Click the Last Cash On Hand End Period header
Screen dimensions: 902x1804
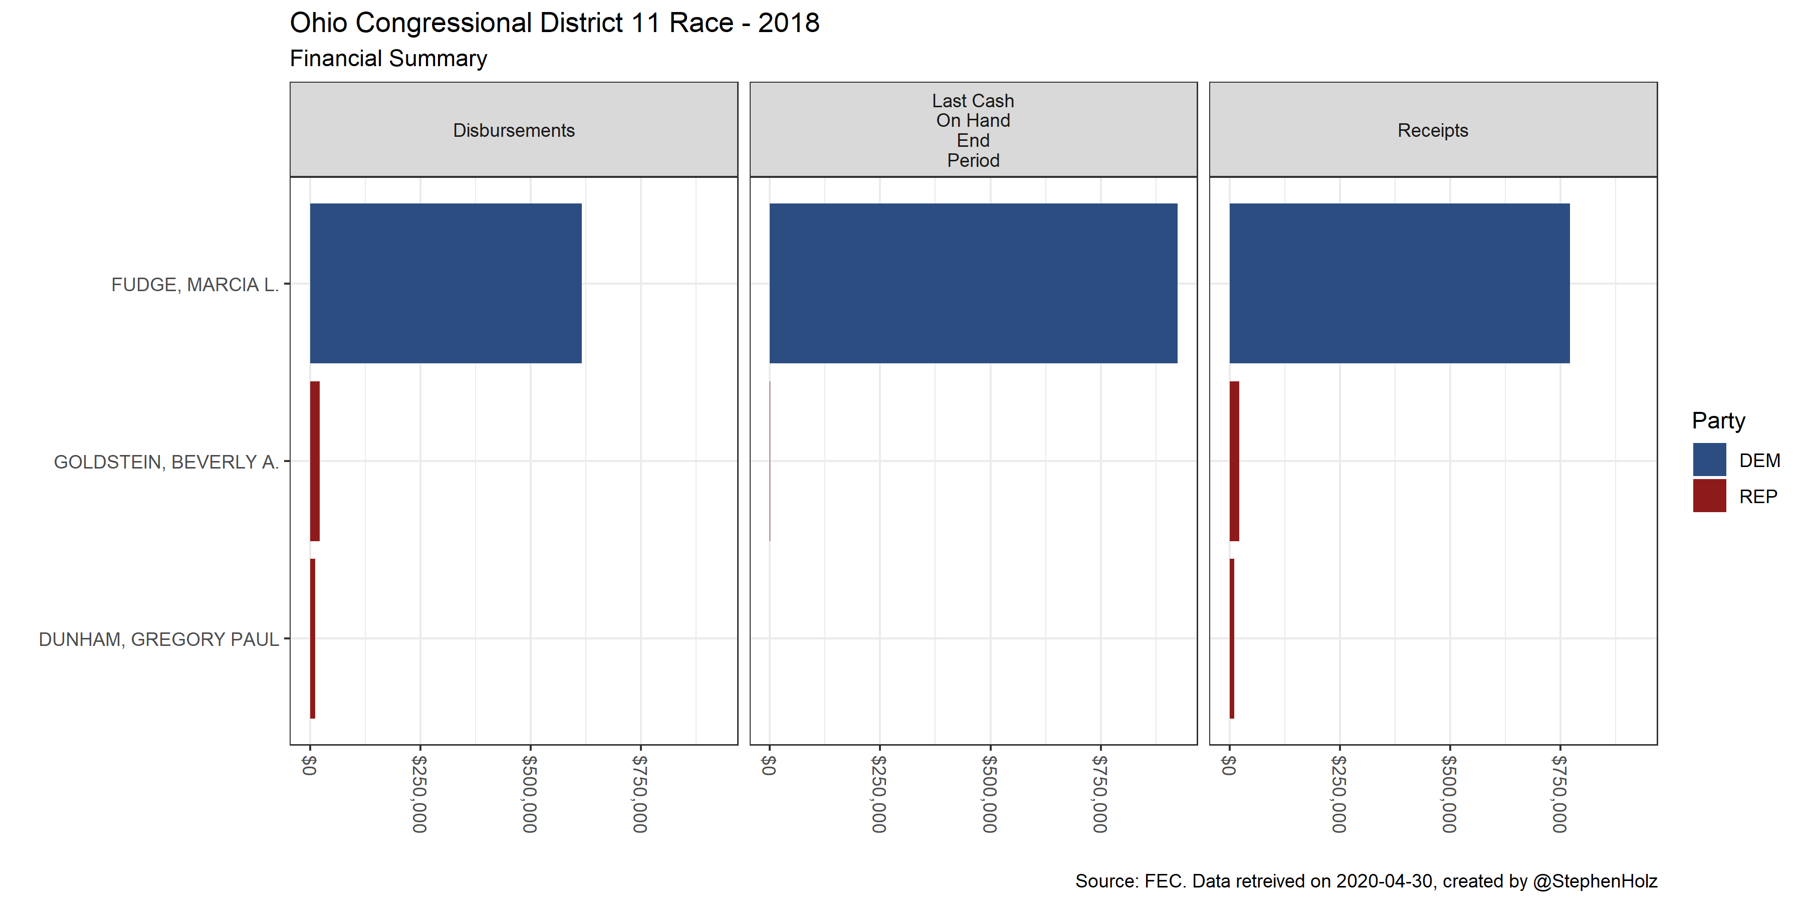(973, 130)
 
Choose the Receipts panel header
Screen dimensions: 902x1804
(1432, 130)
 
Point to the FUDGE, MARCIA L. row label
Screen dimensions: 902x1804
(195, 285)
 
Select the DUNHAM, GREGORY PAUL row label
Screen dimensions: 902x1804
(158, 639)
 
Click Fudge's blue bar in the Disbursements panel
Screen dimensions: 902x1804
(445, 283)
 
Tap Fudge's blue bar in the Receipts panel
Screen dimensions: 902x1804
(1399, 283)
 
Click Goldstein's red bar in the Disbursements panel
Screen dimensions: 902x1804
(315, 461)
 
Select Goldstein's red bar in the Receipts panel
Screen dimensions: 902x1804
(1234, 461)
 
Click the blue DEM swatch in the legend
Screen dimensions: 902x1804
(1709, 460)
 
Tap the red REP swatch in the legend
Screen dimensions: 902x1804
(1709, 496)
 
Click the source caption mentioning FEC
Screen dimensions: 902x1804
(1366, 881)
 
